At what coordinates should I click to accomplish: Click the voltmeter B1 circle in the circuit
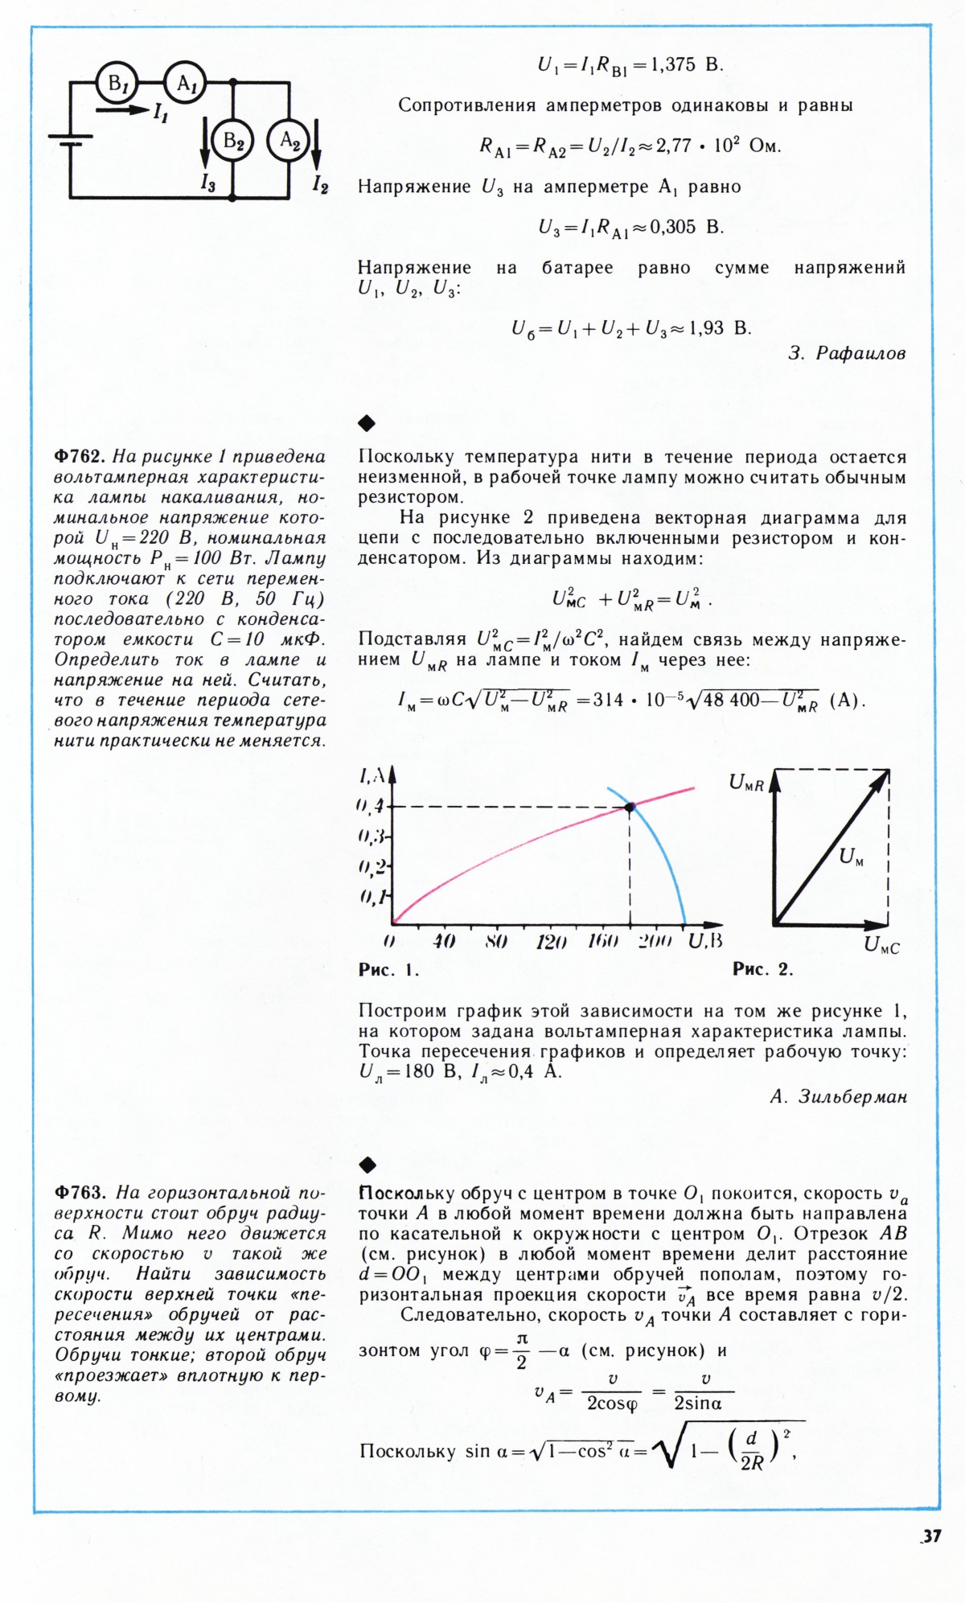[117, 82]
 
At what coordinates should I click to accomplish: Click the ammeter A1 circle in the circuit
[186, 82]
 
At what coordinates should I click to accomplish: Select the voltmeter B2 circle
[232, 142]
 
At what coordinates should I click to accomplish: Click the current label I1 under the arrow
[160, 113]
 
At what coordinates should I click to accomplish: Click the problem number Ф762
[80, 457]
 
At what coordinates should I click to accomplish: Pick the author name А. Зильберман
[838, 1096]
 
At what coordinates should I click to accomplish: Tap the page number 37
[931, 1535]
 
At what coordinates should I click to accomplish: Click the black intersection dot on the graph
[630, 807]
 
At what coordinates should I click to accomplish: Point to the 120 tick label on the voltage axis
[551, 941]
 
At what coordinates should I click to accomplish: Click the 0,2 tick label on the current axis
[372, 867]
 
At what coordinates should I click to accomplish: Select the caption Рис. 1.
[388, 970]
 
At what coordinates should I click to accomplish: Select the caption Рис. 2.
[762, 969]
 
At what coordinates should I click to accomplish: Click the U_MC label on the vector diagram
[881, 946]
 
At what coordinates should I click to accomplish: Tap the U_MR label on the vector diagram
[746, 783]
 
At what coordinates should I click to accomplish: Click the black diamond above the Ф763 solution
[367, 1164]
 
